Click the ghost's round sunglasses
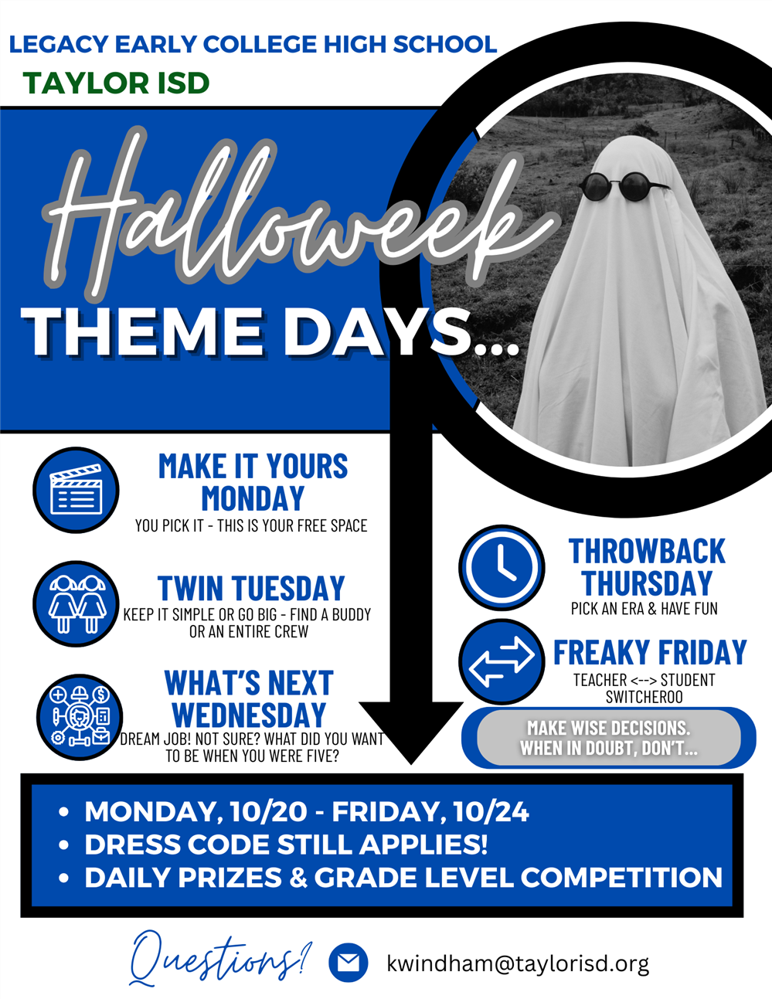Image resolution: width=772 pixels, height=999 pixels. point(624,185)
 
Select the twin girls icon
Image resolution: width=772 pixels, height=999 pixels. point(77,603)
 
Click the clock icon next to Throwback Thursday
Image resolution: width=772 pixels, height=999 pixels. point(502,567)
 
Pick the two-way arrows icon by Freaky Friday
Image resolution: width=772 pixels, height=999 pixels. point(502,661)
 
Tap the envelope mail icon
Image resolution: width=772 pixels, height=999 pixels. point(349,963)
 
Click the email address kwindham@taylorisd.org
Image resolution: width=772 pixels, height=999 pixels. point(518,963)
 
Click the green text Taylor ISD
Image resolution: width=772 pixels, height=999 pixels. point(117,83)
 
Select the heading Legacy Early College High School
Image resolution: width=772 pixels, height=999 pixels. point(253,44)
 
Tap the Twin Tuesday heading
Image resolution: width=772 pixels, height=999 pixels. point(251,589)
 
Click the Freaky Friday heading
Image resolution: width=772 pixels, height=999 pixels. point(650,653)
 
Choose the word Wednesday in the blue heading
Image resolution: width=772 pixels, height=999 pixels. point(249,715)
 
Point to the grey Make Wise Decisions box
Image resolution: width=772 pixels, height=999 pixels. point(609,738)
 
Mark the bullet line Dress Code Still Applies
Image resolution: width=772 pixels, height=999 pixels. point(286,844)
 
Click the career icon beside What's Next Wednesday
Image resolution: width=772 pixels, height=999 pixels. point(80,716)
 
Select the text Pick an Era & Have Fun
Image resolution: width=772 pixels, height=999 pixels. point(644,609)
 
